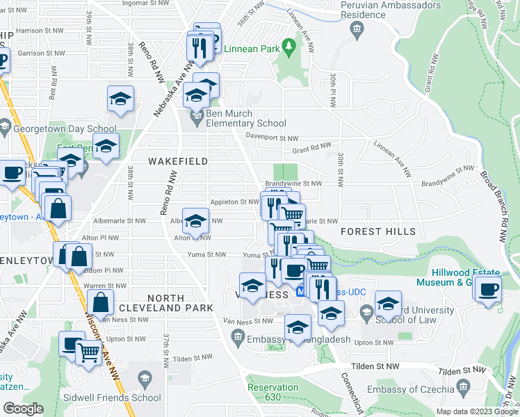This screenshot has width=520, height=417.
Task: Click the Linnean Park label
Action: tap(251, 49)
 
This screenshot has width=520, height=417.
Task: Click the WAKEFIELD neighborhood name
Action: tap(178, 161)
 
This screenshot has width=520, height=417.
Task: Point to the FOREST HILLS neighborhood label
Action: tap(378, 231)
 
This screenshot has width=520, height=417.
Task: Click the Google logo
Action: tap(23, 409)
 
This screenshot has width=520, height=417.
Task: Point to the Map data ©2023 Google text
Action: tap(476, 411)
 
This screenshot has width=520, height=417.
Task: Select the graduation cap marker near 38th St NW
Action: tap(120, 99)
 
